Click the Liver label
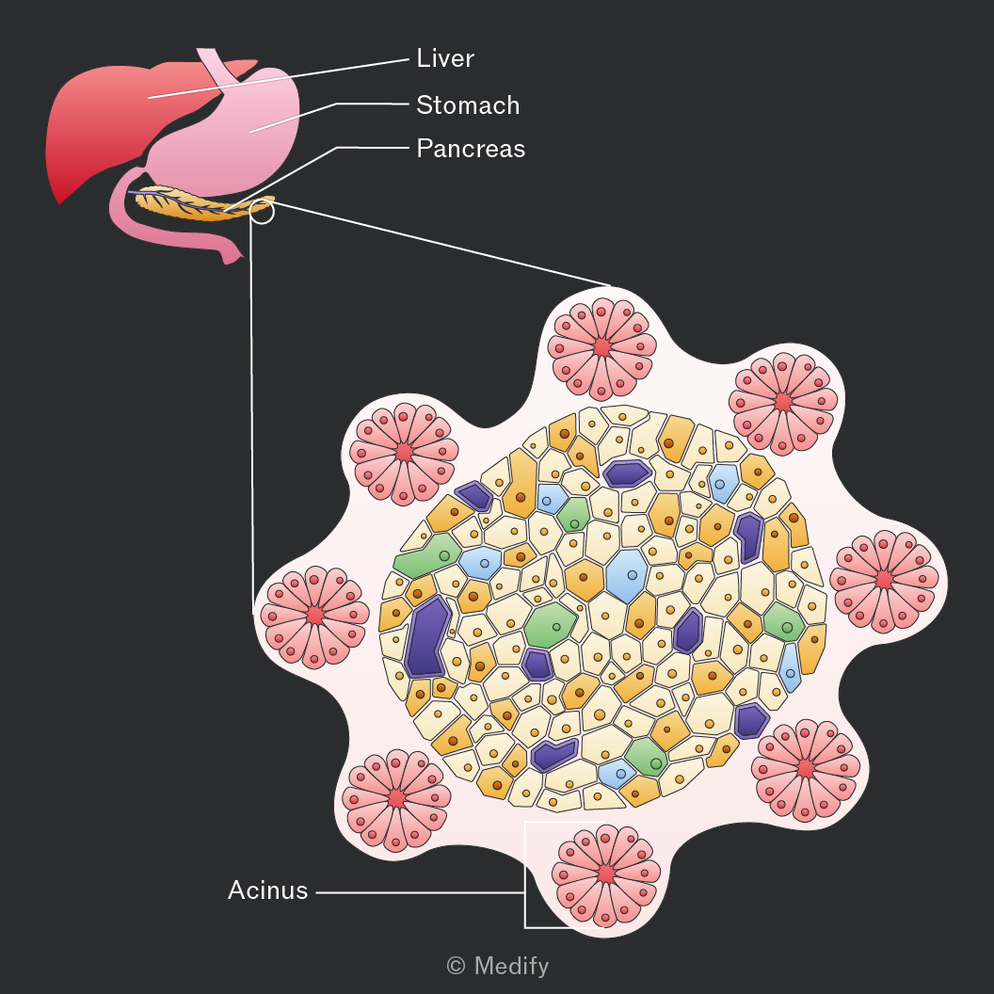point(445,58)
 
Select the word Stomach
point(468,105)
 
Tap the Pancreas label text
point(471,149)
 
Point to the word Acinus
point(267,890)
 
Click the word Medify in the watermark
point(511,966)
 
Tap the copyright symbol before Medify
point(456,966)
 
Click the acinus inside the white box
point(606,875)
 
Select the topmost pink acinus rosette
point(602,348)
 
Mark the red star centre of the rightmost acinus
point(884,580)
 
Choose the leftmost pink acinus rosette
point(314,617)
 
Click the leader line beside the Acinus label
point(421,892)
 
